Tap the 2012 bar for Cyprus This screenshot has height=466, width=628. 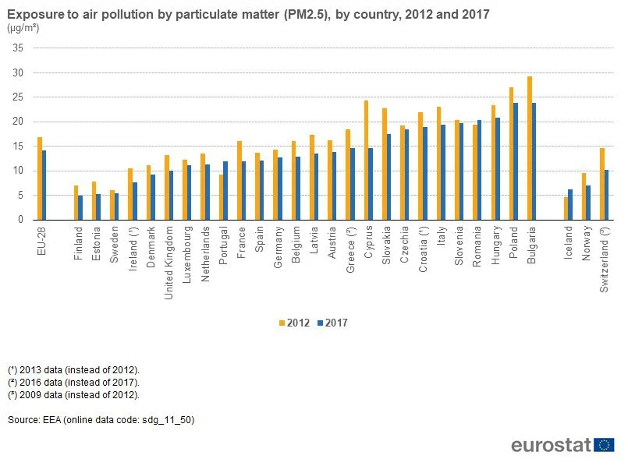(366, 160)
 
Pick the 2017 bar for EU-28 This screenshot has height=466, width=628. (44, 185)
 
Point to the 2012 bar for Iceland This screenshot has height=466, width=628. (566, 208)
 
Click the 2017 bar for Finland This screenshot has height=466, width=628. (80, 207)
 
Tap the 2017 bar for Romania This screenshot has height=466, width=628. (479, 170)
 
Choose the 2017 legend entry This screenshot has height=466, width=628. (332, 323)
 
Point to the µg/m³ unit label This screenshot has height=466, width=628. (23, 28)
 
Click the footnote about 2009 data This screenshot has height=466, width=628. (73, 395)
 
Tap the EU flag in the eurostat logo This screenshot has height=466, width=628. (604, 445)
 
